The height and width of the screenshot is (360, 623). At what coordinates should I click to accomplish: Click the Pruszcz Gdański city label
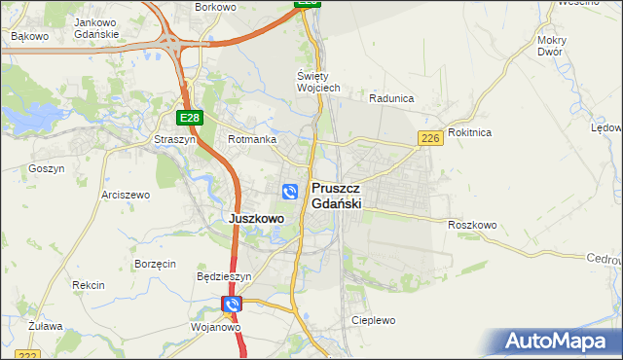click(337, 196)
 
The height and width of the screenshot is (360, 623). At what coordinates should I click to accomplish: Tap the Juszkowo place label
click(256, 219)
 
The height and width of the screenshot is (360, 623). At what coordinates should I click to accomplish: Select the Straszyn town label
click(174, 139)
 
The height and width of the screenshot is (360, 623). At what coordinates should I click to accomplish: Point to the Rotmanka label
click(252, 139)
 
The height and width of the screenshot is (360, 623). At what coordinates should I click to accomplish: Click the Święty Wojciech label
click(318, 82)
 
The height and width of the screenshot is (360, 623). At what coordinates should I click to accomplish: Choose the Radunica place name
click(392, 98)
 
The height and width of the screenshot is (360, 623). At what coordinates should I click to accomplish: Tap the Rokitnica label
click(470, 131)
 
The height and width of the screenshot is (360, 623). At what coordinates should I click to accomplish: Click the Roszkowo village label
click(473, 225)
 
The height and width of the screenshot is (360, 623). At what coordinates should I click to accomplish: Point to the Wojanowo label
click(216, 327)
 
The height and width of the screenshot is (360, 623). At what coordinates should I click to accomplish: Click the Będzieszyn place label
click(224, 276)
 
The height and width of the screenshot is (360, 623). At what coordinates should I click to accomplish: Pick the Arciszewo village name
click(126, 195)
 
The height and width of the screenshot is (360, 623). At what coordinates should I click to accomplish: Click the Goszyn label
click(47, 168)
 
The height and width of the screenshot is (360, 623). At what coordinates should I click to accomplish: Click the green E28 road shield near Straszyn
click(190, 118)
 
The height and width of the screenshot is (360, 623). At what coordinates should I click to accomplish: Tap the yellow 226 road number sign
click(431, 139)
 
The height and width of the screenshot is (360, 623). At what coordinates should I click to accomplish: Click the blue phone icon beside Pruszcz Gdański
click(290, 192)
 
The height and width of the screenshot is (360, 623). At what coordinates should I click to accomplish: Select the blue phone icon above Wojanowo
click(232, 306)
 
